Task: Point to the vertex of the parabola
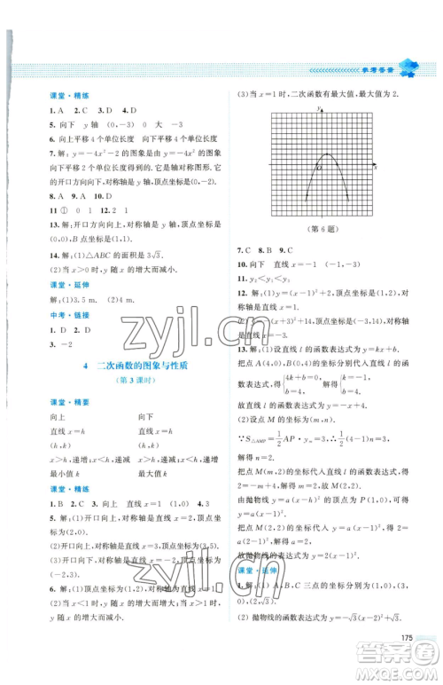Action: click(317, 154)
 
